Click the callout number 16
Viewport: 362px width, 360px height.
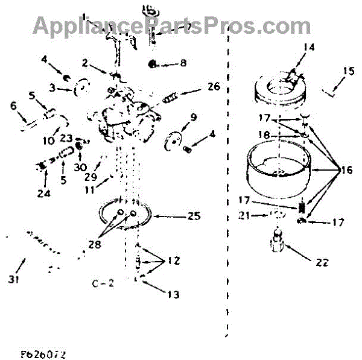(x=346, y=171)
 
